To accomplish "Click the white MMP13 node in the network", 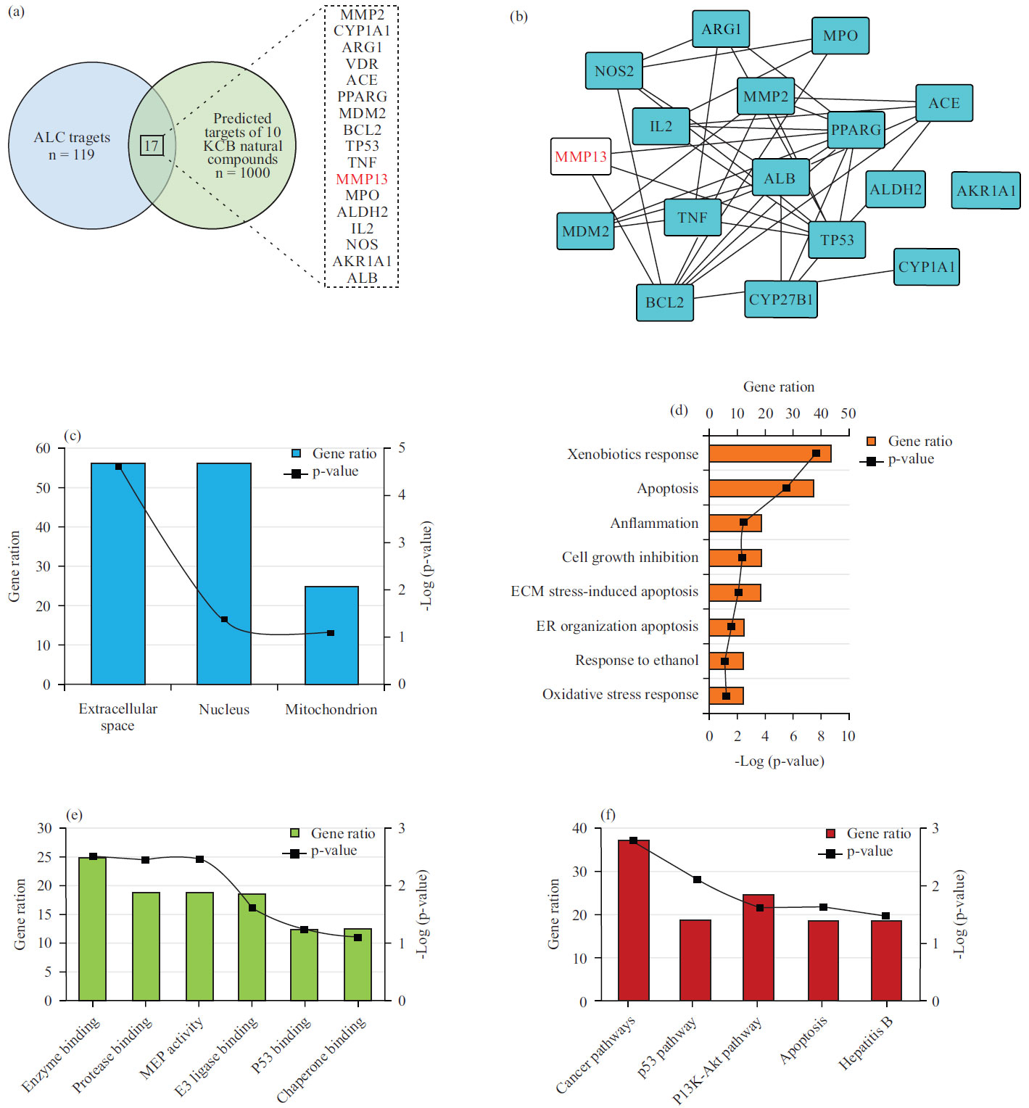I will (x=581, y=157).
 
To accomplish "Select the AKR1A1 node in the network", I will (x=985, y=191).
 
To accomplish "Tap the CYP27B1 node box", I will (x=781, y=299).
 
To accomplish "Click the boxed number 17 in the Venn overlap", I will (x=152, y=146).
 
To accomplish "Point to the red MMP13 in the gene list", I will (x=362, y=179).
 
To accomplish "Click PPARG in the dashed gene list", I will (x=362, y=96).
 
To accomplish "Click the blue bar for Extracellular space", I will (x=118, y=573).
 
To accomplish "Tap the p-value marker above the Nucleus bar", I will (x=224, y=619).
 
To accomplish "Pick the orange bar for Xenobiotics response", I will (x=769, y=454).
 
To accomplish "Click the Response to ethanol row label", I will (x=637, y=661).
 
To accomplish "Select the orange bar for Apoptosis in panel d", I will (x=761, y=489).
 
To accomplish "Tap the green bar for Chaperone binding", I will (x=358, y=964).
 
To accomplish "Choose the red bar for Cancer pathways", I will (x=633, y=921).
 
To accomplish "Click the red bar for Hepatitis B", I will (x=885, y=961).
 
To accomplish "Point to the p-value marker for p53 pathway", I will (x=697, y=880).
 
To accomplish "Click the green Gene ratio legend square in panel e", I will (x=295, y=833).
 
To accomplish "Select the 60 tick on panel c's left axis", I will (x=44, y=449).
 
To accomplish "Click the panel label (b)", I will (x=518, y=17).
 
